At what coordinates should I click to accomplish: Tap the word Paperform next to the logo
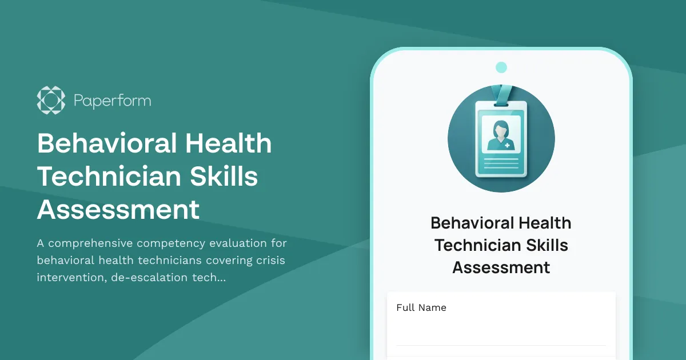coord(112,101)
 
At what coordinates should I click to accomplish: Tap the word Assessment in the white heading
coord(118,210)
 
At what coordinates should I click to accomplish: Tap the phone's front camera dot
coord(501,67)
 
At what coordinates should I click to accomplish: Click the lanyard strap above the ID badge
coord(501,94)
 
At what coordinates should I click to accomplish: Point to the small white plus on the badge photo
coord(507,145)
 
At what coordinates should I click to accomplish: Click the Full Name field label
coord(421,307)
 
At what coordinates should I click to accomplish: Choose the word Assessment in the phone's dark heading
coord(501,267)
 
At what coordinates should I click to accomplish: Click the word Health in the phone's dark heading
coord(541,223)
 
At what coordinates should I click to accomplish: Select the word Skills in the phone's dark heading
coord(542,245)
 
